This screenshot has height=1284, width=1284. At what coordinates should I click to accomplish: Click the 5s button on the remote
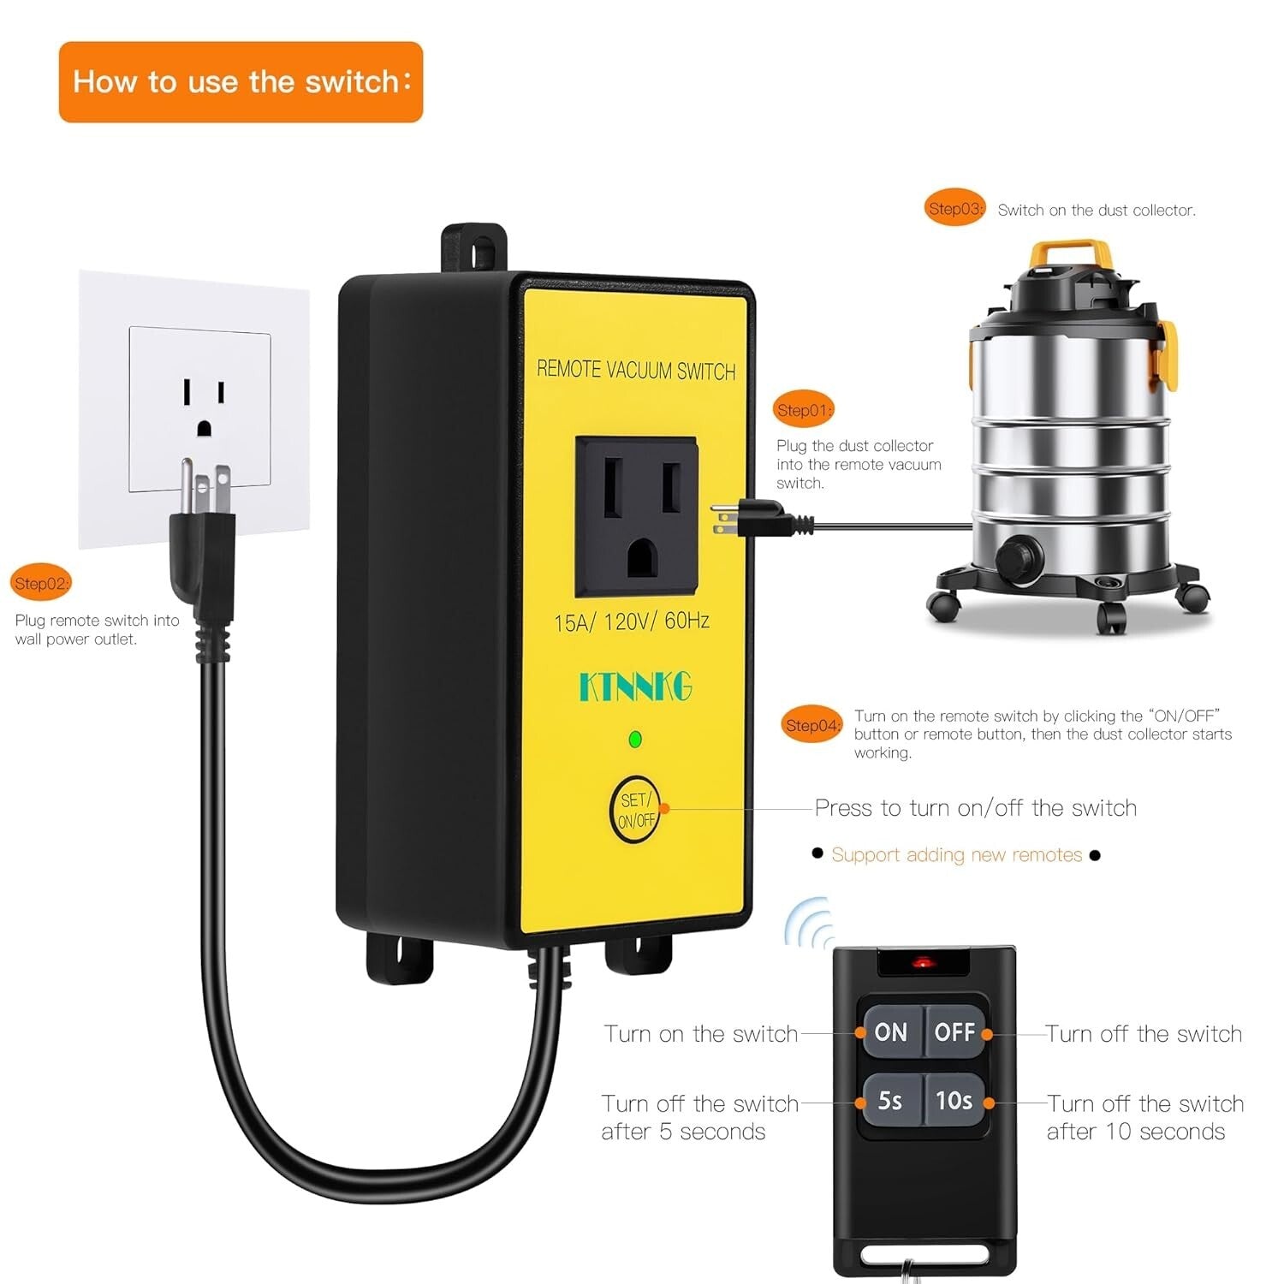point(890,1100)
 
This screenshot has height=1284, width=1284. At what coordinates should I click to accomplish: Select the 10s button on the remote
point(954,1100)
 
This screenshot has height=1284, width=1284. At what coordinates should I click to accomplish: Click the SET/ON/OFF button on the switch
point(635,810)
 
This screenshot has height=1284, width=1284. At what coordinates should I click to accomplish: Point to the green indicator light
point(635,740)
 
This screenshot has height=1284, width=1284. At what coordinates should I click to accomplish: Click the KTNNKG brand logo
point(635,687)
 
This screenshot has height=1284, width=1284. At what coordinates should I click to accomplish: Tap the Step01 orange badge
point(804,410)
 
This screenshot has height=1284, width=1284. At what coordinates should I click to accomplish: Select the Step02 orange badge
point(41,583)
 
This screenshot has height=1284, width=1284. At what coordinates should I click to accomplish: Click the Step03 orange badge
point(956,208)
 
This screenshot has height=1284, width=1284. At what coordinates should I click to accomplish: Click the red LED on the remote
point(922,963)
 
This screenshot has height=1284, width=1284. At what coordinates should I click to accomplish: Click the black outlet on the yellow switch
point(636,516)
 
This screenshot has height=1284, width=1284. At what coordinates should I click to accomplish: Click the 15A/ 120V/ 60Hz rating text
point(632,621)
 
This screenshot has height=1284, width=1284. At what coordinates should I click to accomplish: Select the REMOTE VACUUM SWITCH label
point(636,371)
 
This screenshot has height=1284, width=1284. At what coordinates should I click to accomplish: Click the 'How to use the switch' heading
point(241,82)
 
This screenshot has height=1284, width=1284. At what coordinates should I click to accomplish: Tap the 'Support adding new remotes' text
point(956,854)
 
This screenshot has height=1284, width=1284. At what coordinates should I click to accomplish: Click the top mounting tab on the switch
point(474,248)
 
